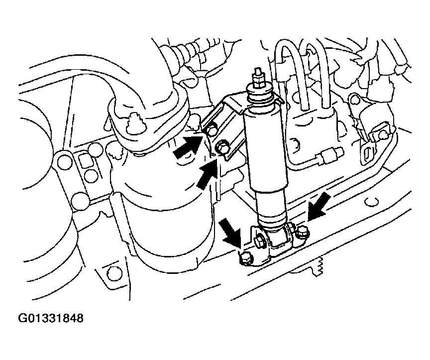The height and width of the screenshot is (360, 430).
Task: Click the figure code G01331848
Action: pyautogui.click(x=51, y=318)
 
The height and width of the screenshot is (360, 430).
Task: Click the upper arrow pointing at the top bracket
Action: pyautogui.click(x=189, y=146)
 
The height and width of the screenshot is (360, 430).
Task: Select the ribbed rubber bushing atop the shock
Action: pyautogui.click(x=260, y=96)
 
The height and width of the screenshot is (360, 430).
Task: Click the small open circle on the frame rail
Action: pyautogui.click(x=372, y=202)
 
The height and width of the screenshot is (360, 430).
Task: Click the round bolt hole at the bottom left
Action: pyautogui.click(x=111, y=273)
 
